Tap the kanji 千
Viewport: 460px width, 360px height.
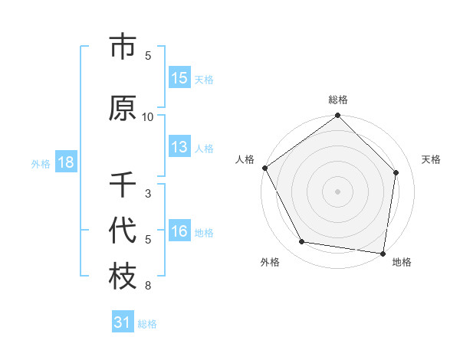tap(123, 184)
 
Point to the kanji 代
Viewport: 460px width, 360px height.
tap(123, 230)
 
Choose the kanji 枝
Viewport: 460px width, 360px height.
tap(123, 277)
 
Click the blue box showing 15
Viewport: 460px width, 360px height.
tap(179, 78)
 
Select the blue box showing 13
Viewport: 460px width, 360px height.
tap(179, 147)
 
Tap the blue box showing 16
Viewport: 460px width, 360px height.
tap(179, 231)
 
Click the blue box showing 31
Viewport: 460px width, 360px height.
tap(122, 322)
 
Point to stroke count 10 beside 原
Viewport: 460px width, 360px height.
tap(148, 116)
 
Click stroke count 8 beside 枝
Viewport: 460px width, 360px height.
tap(148, 286)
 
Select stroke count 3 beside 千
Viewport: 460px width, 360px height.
tap(148, 193)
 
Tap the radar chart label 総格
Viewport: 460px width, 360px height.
tap(338, 100)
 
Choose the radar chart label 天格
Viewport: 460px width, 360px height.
tap(432, 159)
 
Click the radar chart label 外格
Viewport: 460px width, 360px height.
tap(270, 262)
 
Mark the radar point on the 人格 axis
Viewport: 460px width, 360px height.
tap(264, 168)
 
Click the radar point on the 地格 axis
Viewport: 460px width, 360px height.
tap(383, 253)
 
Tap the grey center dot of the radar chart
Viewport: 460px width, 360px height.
tap(337, 191)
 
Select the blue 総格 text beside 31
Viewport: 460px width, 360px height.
tap(147, 324)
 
